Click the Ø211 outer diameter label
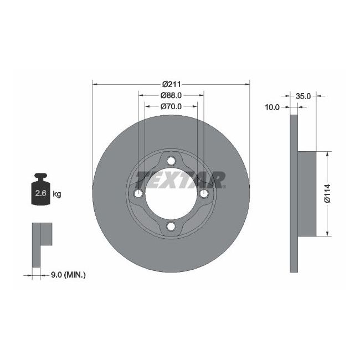[171, 84]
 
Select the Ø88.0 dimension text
[171, 95]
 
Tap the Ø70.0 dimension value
[171, 106]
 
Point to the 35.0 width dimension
[304, 96]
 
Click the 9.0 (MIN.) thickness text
[69, 274]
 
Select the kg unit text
[56, 194]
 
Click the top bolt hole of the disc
[171, 161]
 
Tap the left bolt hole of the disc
[138, 193]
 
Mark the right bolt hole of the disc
[204, 193]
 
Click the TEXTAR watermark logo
[181, 179]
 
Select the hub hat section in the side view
[307, 193]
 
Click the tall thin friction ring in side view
[294, 193]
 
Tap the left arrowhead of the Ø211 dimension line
[95, 84]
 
